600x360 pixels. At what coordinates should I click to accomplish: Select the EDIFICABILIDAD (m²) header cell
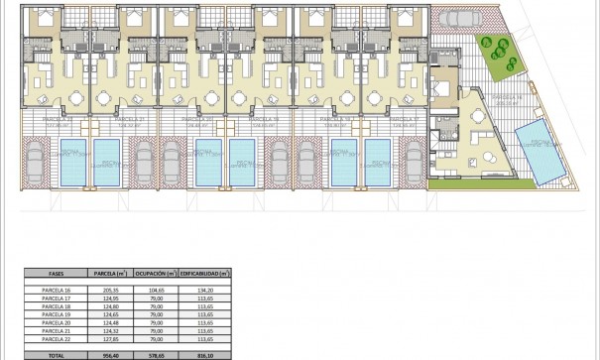[210, 273]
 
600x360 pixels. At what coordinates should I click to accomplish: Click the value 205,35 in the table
[106, 289]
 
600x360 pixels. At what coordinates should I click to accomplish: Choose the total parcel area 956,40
[106, 352]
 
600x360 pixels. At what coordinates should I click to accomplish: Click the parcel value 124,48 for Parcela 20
[106, 322]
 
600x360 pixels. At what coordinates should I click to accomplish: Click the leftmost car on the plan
[34, 162]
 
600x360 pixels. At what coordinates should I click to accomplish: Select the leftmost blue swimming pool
[74, 162]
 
